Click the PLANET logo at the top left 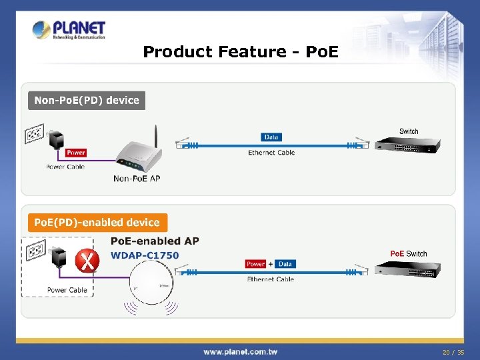pos(69,30)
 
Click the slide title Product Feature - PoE pos(241,51)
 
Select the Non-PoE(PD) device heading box pos(87,101)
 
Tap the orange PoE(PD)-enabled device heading pos(97,223)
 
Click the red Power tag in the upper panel pos(76,153)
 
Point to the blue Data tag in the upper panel pos(271,137)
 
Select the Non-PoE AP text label pos(137,179)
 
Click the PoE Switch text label pos(408,253)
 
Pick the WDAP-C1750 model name pos(145,255)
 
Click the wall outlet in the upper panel pos(35,134)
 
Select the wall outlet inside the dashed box pos(35,252)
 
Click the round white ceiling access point pos(153,287)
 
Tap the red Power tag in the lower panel pos(256,264)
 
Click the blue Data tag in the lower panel pos(285,264)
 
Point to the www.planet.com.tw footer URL pos(241,351)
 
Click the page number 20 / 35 pos(452,351)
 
